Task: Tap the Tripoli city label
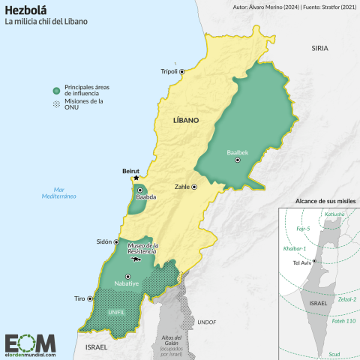[169, 72]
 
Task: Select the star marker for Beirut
[136, 178]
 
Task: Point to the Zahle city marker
[194, 186]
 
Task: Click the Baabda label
[145, 197]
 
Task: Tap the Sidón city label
[103, 242]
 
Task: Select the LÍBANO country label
[186, 120]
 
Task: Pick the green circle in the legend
[55, 89]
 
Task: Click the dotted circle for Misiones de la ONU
[55, 103]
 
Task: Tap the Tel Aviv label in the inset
[301, 262]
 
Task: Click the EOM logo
[30, 343]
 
